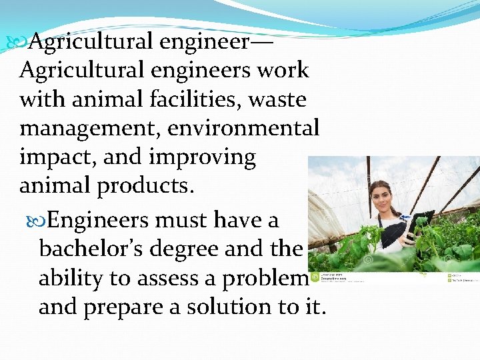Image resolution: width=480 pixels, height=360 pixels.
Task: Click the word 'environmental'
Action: (x=245, y=129)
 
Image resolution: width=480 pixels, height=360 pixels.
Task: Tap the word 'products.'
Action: (x=146, y=186)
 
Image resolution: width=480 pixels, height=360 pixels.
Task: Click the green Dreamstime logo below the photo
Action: (x=314, y=277)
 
